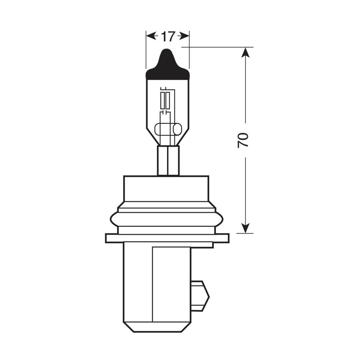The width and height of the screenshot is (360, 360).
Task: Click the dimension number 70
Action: (x=243, y=140)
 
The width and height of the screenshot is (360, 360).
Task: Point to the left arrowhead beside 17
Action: (x=151, y=36)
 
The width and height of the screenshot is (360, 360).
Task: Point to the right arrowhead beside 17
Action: (x=184, y=36)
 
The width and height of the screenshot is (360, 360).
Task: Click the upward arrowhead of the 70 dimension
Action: (x=245, y=53)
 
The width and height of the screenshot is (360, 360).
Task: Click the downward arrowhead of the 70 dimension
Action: (x=245, y=228)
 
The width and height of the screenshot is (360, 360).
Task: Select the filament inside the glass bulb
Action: (x=165, y=100)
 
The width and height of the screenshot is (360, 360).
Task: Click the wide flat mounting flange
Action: (x=167, y=238)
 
